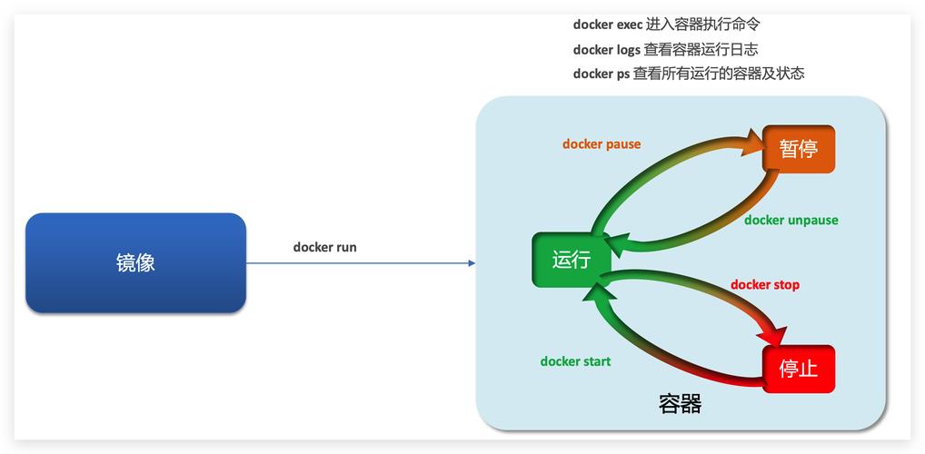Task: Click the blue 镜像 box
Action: point(135,263)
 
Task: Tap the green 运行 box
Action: point(571,261)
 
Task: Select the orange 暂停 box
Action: point(798,149)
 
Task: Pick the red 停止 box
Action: point(798,369)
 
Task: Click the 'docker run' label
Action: point(324,247)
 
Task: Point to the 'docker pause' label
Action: point(601,144)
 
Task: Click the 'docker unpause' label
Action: point(791,221)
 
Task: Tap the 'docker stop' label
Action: point(764,285)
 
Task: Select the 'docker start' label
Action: point(575,361)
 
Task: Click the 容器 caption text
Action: point(680,404)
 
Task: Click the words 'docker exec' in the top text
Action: point(607,25)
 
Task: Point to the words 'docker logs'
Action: point(606,50)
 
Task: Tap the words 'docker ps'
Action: point(601,74)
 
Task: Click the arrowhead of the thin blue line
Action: point(471,263)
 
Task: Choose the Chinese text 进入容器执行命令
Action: point(702,25)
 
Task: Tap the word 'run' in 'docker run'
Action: point(346,247)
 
